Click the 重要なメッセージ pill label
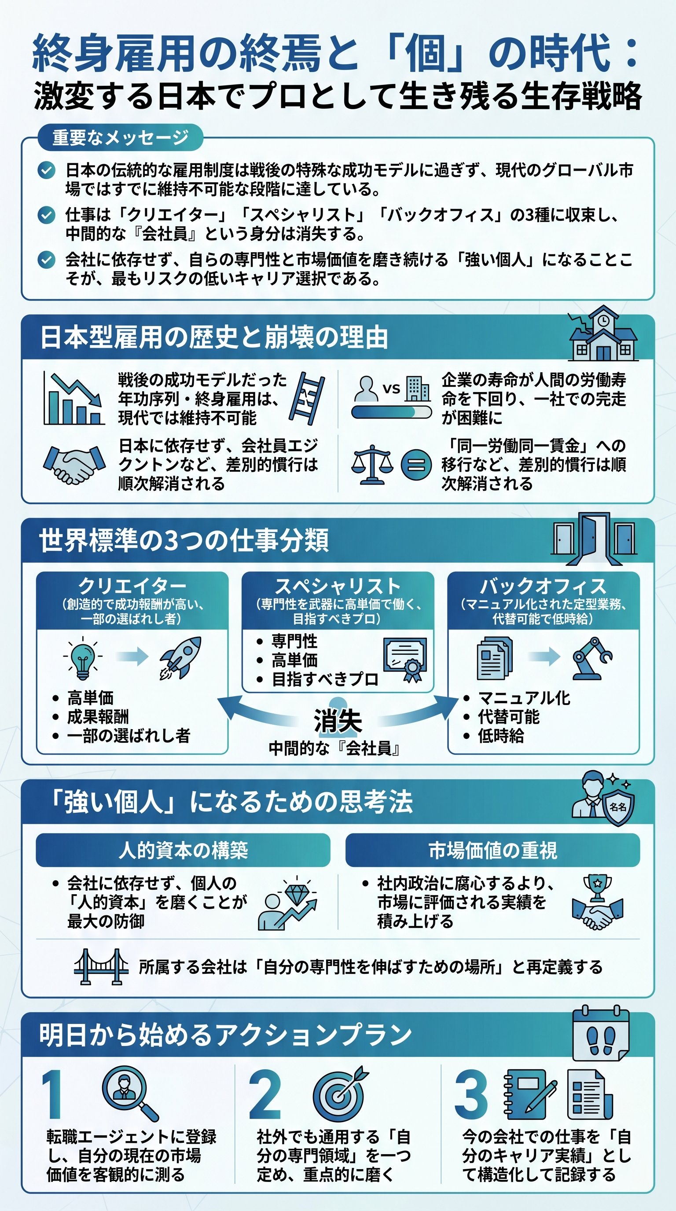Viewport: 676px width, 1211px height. (120, 137)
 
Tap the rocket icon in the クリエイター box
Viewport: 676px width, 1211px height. (180, 658)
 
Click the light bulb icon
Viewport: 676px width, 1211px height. (83, 659)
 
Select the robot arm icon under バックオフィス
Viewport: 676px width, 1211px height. (591, 658)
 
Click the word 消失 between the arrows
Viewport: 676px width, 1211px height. (338, 720)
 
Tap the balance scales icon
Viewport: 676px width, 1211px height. (372, 465)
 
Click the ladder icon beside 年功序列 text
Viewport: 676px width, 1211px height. (306, 399)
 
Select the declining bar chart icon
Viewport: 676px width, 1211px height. (74, 399)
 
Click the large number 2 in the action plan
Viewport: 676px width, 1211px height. (265, 1095)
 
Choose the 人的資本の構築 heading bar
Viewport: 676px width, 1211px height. (183, 850)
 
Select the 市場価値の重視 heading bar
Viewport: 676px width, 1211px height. (492, 850)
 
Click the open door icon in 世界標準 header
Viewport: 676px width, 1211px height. (594, 538)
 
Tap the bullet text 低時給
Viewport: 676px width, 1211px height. (501, 736)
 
